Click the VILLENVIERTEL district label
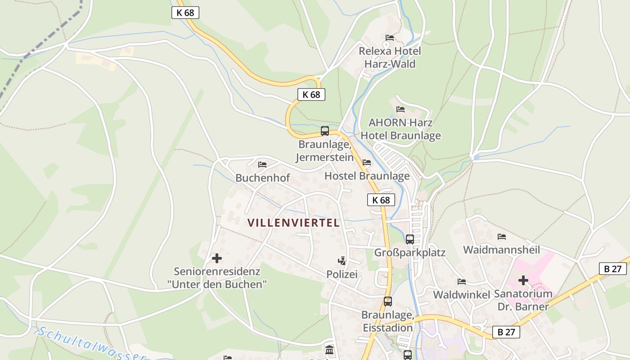pyautogui.click(x=293, y=223)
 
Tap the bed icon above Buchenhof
pyautogui.click(x=262, y=165)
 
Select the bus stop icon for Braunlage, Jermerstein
pyautogui.click(x=324, y=131)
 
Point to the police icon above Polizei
pyautogui.click(x=342, y=261)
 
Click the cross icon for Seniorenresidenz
pyautogui.click(x=217, y=258)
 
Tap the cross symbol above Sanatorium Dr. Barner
pyautogui.click(x=523, y=280)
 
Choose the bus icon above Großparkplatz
pyautogui.click(x=409, y=239)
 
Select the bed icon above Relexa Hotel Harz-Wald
pyautogui.click(x=390, y=37)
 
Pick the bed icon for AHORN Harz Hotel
pyautogui.click(x=400, y=109)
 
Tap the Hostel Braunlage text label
pyautogui.click(x=367, y=176)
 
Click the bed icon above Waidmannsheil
pyautogui.click(x=502, y=237)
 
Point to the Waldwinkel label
pyautogui.click(x=461, y=295)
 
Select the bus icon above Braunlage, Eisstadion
pyautogui.click(x=387, y=301)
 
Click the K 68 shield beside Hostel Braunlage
pyautogui.click(x=381, y=200)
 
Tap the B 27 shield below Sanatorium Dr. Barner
pyautogui.click(x=506, y=332)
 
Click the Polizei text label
pyautogui.click(x=342, y=274)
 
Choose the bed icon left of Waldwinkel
pyautogui.click(x=461, y=282)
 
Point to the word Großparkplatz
pyautogui.click(x=409, y=252)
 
